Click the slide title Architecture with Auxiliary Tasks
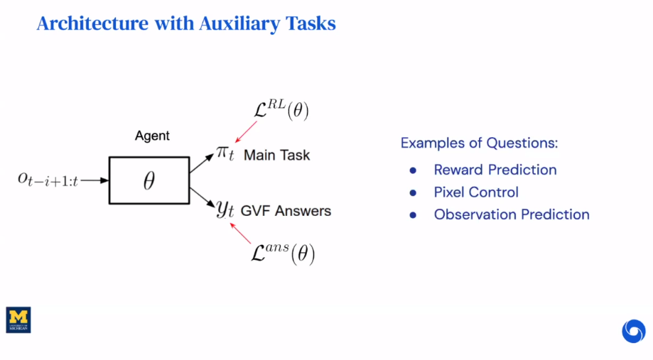point(185,23)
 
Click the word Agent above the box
point(152,136)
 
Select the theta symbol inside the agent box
point(149,182)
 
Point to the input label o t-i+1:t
point(48,181)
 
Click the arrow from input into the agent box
point(94,180)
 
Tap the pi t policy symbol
point(225,154)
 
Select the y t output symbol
point(225,209)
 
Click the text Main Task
point(276,155)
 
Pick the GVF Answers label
point(286,211)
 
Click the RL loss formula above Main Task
point(280,110)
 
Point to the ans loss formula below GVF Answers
point(283,254)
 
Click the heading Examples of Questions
point(479,143)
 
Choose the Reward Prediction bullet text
point(495,170)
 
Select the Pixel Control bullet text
point(476,192)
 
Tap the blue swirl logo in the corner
point(633,331)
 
